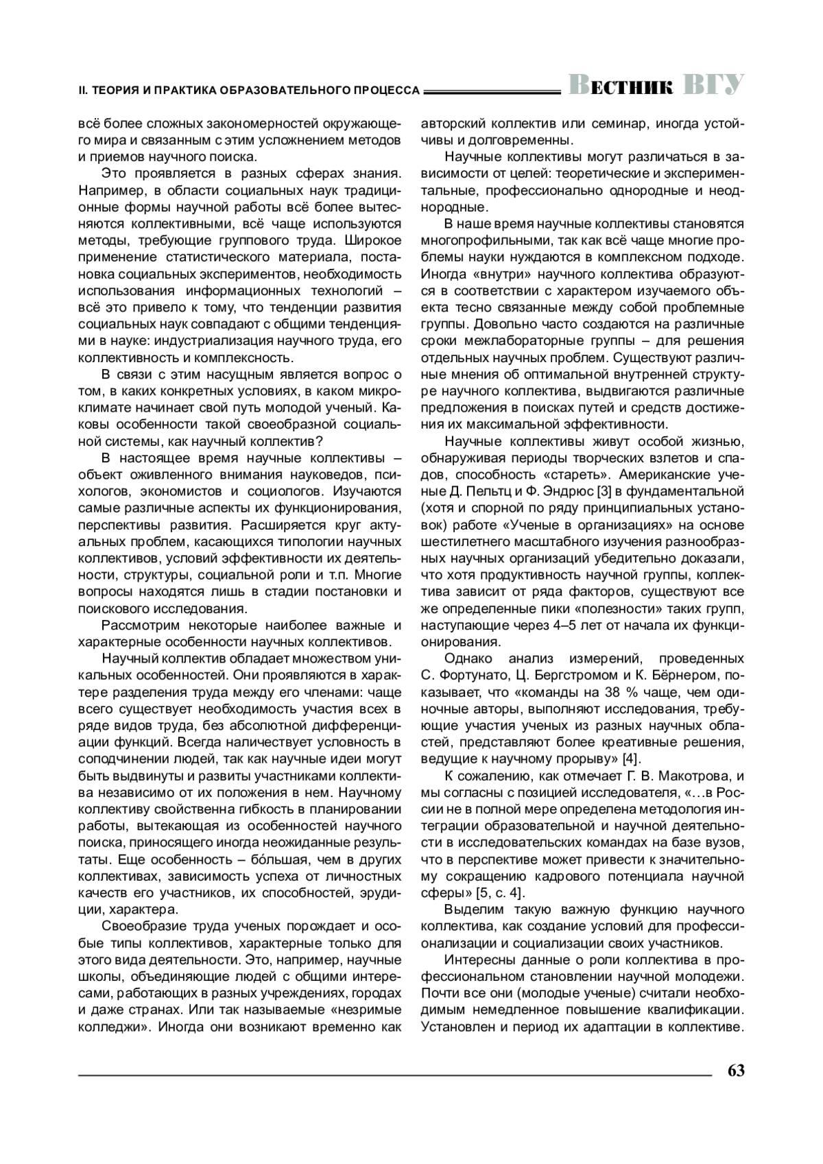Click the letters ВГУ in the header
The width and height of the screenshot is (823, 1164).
click(713, 84)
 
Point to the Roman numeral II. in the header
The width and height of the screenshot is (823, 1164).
click(84, 90)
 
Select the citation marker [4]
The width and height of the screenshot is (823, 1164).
click(631, 758)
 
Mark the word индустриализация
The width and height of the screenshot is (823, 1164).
click(217, 341)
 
